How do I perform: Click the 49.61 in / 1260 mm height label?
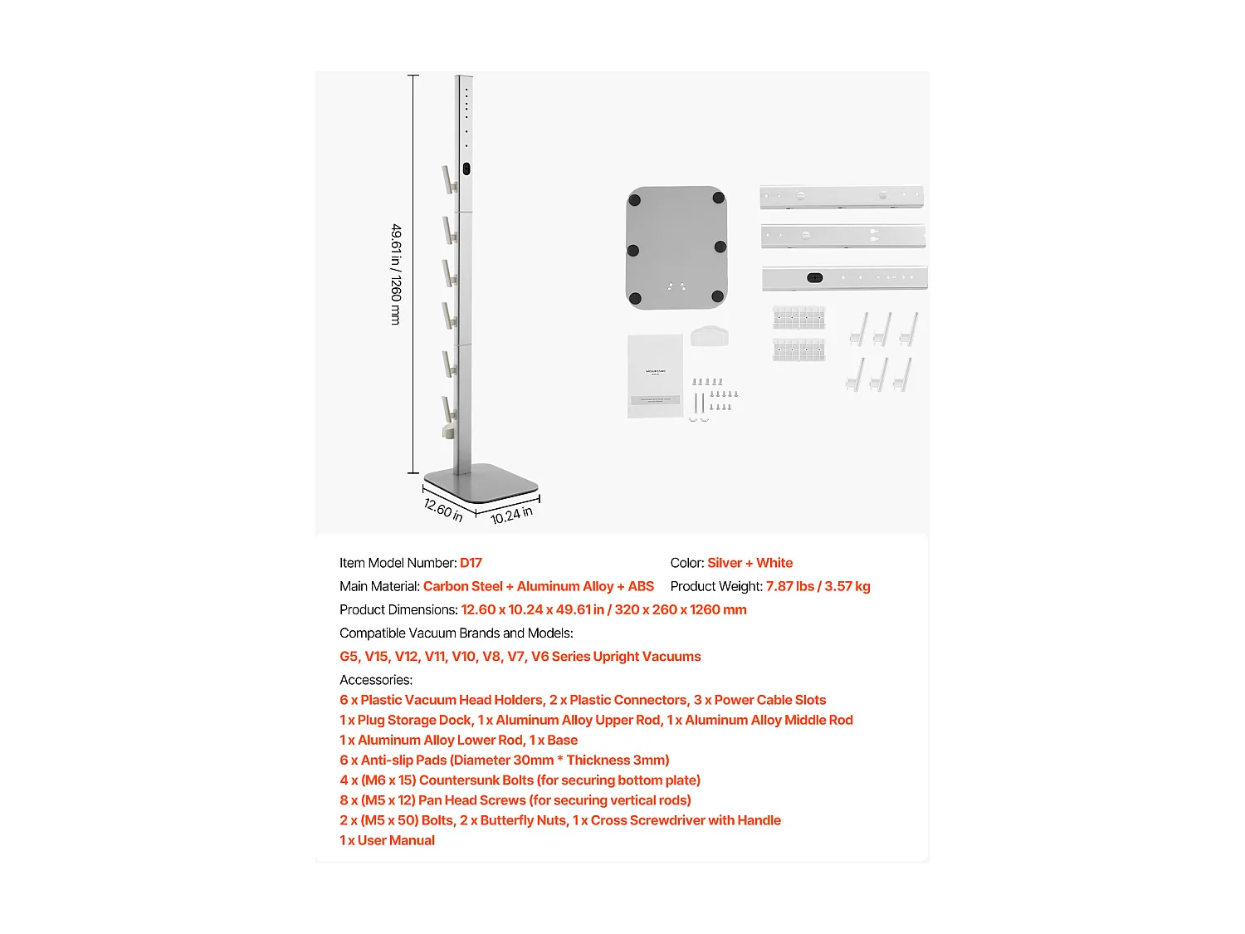396,274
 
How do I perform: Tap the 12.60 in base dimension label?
443,509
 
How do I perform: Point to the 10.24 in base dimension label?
511,515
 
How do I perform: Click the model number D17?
471,563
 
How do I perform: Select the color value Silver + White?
749,563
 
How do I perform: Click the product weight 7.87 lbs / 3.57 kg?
818,586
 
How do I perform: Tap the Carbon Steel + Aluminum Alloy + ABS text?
538,586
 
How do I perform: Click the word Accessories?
376,680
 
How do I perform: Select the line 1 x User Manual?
387,840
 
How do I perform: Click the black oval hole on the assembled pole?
466,169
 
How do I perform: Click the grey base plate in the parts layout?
676,247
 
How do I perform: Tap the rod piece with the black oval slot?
844,277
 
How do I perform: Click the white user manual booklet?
655,375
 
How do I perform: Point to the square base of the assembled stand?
481,484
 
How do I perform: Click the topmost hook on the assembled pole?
449,179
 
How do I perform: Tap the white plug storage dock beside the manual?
710,336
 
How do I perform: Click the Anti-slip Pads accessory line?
504,760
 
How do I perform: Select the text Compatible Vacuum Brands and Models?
456,633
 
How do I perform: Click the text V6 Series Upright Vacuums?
616,657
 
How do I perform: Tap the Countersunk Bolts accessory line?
520,780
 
